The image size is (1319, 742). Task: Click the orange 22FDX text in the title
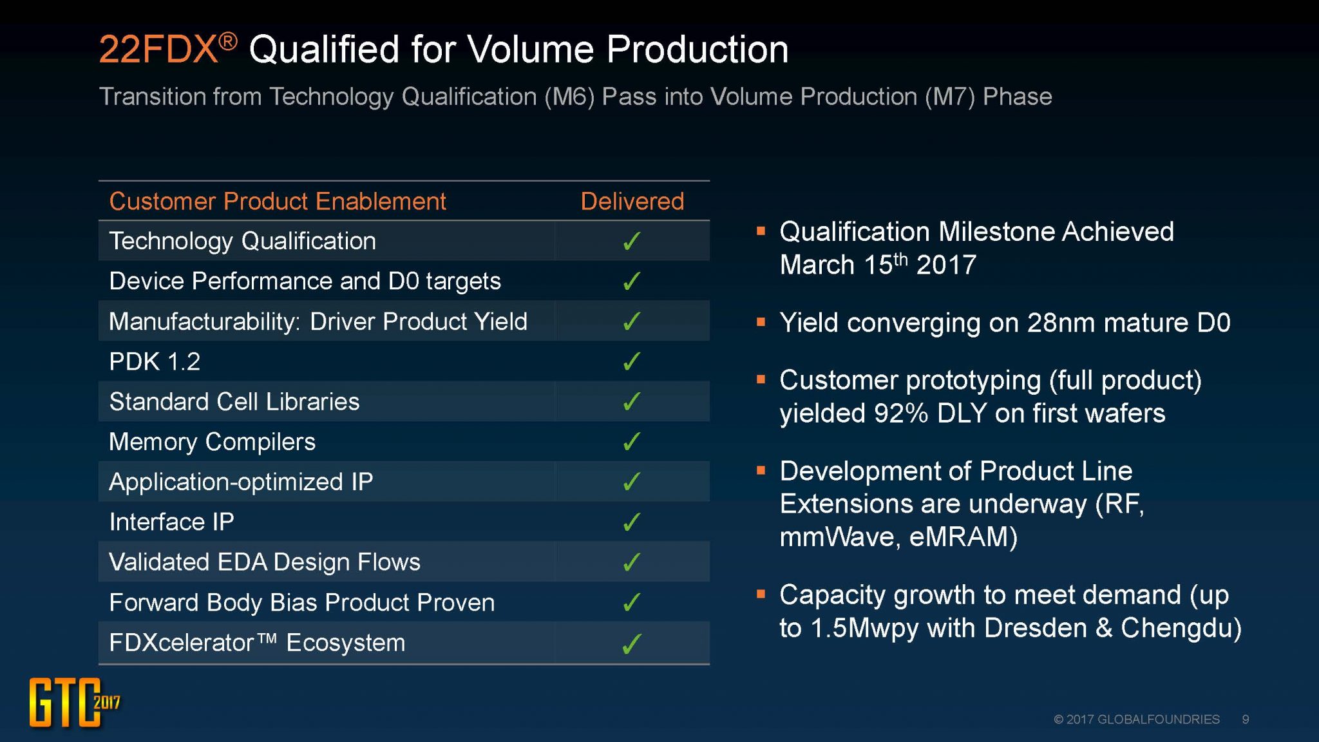pyautogui.click(x=158, y=50)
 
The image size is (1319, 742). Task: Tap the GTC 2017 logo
pyautogui.click(x=72, y=702)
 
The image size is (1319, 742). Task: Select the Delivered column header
pyautogui.click(x=632, y=202)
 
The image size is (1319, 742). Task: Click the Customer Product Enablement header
pyautogui.click(x=278, y=202)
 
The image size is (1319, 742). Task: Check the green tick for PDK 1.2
pyautogui.click(x=632, y=361)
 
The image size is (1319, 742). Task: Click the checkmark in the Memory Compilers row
pyautogui.click(x=632, y=441)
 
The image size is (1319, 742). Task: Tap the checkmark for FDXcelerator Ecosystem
pyautogui.click(x=632, y=643)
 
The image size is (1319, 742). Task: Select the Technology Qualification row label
pyautogui.click(x=242, y=241)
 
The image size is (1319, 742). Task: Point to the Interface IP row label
pyautogui.click(x=171, y=522)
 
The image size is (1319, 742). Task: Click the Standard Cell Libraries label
pyautogui.click(x=234, y=402)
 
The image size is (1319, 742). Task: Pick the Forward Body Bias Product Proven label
pyautogui.click(x=301, y=602)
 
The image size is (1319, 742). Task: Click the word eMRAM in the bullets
pyautogui.click(x=962, y=537)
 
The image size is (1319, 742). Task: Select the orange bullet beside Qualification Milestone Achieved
pyautogui.click(x=761, y=231)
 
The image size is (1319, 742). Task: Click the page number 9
pyautogui.click(x=1246, y=719)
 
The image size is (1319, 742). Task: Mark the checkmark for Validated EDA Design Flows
pyautogui.click(x=632, y=562)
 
